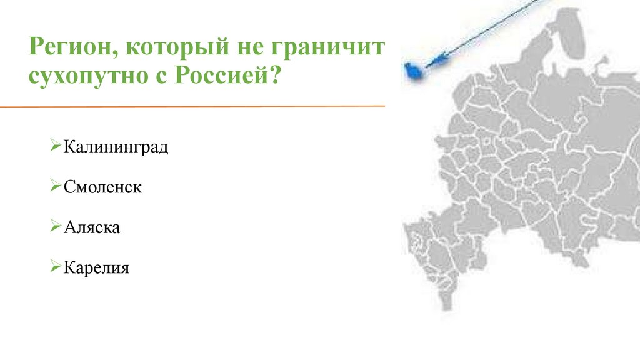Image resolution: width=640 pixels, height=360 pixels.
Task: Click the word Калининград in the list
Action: [x=116, y=148]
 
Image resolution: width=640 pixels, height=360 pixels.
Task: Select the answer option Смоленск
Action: [x=102, y=187]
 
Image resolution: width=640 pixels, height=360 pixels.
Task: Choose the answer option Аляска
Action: [x=91, y=227]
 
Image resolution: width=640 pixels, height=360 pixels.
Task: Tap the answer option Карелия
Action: [x=96, y=268]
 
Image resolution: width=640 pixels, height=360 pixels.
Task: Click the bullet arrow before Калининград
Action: [x=55, y=147]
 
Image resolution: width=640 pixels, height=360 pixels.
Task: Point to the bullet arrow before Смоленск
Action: [x=55, y=186]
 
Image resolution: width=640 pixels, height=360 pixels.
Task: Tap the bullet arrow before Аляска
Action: [x=55, y=226]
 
